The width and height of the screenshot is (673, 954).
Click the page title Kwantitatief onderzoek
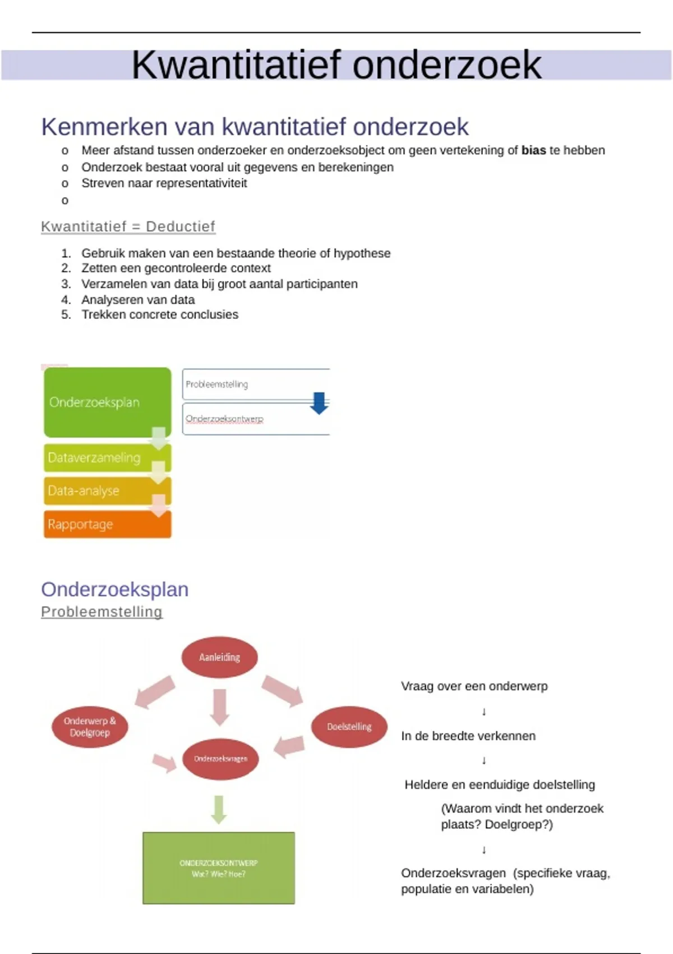pyautogui.click(x=336, y=65)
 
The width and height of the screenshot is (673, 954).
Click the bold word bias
pyautogui.click(x=533, y=150)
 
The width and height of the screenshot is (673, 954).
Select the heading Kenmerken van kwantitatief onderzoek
pyautogui.click(x=255, y=127)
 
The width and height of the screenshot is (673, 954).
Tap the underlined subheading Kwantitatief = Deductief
pyautogui.click(x=128, y=227)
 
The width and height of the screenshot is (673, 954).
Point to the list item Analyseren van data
pyautogui.click(x=138, y=300)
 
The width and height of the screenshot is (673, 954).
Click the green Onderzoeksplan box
pyautogui.click(x=107, y=402)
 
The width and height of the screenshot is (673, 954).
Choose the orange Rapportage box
pyautogui.click(x=107, y=524)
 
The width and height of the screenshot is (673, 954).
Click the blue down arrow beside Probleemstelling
pyautogui.click(x=319, y=402)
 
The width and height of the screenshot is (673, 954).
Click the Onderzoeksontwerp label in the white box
pyautogui.click(x=224, y=419)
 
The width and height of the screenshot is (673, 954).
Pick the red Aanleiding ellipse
pyautogui.click(x=219, y=657)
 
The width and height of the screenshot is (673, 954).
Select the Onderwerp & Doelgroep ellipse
pyautogui.click(x=90, y=727)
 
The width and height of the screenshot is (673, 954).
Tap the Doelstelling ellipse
pyautogui.click(x=349, y=727)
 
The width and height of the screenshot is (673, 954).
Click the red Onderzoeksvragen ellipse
pyautogui.click(x=220, y=759)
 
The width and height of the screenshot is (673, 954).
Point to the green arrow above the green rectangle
pyautogui.click(x=219, y=809)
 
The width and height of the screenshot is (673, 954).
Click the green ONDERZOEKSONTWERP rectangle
pyautogui.click(x=219, y=868)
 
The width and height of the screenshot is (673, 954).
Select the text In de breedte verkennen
pyautogui.click(x=468, y=736)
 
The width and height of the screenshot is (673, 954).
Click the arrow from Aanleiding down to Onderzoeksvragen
pyautogui.click(x=219, y=706)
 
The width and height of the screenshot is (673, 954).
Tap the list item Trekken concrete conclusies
pyautogui.click(x=160, y=315)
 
